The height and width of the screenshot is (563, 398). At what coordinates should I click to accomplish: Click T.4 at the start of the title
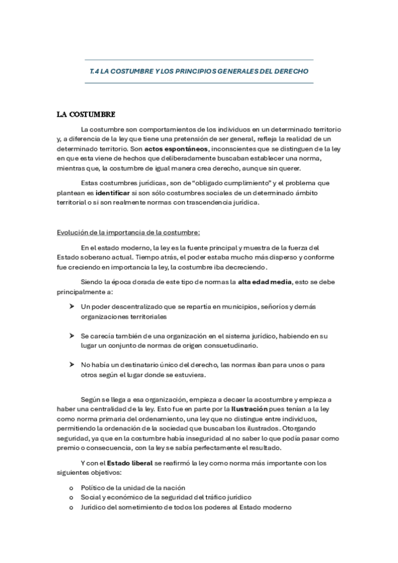(94, 70)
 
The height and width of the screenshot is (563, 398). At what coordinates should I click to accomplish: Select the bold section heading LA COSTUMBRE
(86, 114)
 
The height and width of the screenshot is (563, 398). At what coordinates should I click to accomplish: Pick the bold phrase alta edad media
(265, 282)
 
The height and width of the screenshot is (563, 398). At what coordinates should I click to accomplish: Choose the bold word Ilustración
(249, 410)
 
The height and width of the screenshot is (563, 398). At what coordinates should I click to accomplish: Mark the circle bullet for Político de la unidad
(71, 488)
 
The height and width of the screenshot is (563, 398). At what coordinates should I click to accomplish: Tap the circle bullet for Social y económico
(71, 497)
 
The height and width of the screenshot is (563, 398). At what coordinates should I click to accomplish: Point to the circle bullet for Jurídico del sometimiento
(71, 507)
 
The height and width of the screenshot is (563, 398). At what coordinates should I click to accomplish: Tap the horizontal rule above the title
(199, 60)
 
